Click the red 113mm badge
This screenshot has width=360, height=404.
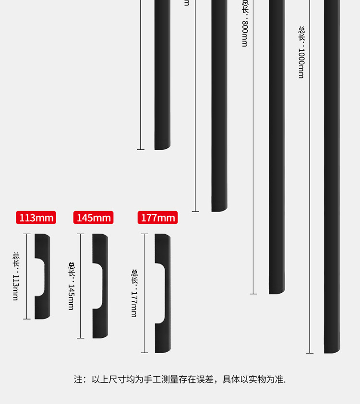pyautogui.click(x=36, y=218)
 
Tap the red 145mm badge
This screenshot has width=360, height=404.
pyautogui.click(x=94, y=218)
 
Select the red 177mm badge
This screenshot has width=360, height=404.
pyautogui.click(x=157, y=218)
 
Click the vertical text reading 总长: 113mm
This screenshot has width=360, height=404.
pyautogui.click(x=16, y=276)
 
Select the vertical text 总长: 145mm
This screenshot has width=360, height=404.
pyautogui.click(x=71, y=285)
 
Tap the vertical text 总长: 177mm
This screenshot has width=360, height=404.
pyautogui.click(x=134, y=293)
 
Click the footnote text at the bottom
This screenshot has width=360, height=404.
pyautogui.click(x=180, y=380)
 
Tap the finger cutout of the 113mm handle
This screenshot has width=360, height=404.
pyautogui.click(x=40, y=276)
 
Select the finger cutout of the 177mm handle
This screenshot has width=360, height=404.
pyautogui.click(x=160, y=293)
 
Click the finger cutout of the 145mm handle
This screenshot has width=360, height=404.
pyautogui.click(x=98, y=285)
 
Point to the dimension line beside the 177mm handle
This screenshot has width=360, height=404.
pyautogui.click(x=144, y=293)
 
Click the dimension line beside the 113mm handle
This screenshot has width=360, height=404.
pyautogui.click(x=27, y=276)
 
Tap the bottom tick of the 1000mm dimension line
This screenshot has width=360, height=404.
pyautogui.click(x=310, y=353)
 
